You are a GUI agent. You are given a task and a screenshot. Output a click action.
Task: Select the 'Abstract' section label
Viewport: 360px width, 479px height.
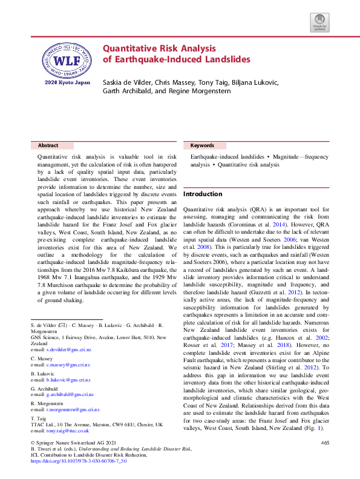(48, 146)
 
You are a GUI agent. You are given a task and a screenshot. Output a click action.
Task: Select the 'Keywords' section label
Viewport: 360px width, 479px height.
(202, 146)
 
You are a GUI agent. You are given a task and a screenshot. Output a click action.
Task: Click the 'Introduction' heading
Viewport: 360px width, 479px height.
(203, 194)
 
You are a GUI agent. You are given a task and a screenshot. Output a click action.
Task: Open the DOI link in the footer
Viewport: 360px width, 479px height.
(78, 461)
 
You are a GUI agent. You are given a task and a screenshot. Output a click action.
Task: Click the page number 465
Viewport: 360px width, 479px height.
(325, 444)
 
